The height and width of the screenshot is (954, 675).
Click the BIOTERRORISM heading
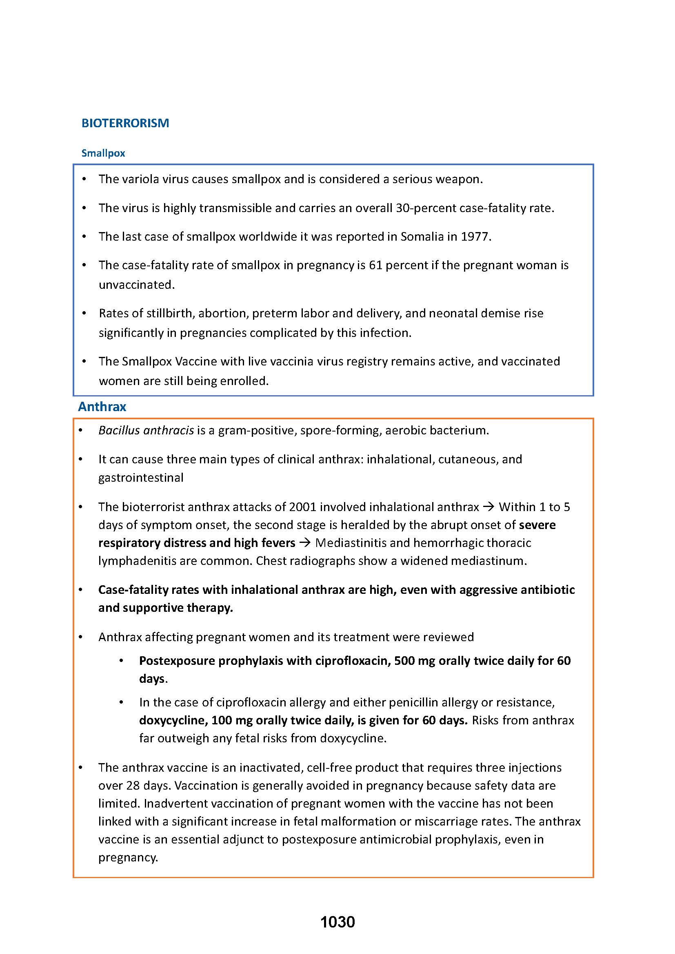point(125,123)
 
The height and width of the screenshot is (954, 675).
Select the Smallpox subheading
point(103,153)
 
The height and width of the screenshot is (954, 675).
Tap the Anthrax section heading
point(102,406)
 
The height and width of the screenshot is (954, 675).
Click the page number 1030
point(337,922)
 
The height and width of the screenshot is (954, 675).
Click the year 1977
point(475,237)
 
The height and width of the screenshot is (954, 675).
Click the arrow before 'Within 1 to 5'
point(489,507)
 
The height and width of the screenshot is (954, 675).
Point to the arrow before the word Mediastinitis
point(305,543)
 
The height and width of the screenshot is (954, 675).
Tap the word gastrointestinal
point(141,478)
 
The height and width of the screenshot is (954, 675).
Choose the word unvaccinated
point(136,285)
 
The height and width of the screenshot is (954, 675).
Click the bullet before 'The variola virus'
point(84,179)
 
